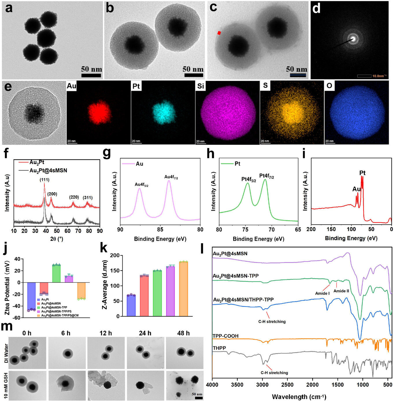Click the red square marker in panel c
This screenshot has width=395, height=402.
click(x=219, y=33)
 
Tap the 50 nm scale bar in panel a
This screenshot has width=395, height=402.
click(x=91, y=75)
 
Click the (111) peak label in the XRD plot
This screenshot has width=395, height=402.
click(x=44, y=180)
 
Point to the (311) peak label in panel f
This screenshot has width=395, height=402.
click(x=88, y=198)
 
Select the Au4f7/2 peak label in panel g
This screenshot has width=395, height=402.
click(x=171, y=177)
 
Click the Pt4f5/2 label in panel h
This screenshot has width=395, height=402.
click(x=249, y=179)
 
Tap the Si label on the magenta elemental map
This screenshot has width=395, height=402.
click(x=201, y=86)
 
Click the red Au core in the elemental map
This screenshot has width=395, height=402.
click(x=99, y=112)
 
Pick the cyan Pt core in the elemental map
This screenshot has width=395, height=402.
click(x=164, y=112)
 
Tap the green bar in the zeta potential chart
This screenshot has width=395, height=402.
click(x=56, y=273)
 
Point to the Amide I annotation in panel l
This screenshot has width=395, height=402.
click(x=322, y=293)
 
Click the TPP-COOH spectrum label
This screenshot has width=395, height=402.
click(x=225, y=336)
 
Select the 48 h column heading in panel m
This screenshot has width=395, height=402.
click(x=183, y=333)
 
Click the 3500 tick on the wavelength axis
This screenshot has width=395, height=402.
click(x=237, y=385)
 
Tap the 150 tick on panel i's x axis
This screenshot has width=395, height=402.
click(x=331, y=229)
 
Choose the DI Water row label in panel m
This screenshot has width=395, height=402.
click(x=6, y=353)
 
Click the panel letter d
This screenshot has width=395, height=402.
click(x=316, y=9)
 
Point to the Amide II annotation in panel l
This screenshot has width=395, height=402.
click(x=341, y=291)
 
